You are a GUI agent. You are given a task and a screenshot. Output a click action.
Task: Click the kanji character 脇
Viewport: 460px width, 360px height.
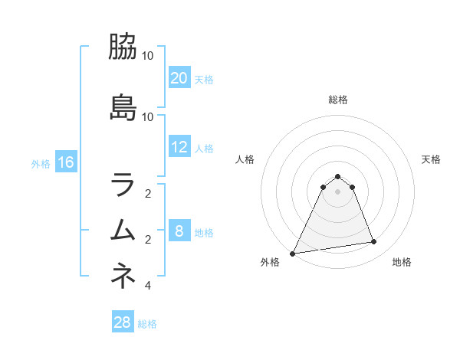pyautogui.click(x=123, y=47)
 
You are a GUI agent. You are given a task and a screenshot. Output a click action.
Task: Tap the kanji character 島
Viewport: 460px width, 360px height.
pyautogui.click(x=123, y=107)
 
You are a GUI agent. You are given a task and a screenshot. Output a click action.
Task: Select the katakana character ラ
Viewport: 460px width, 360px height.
pyautogui.click(x=123, y=185)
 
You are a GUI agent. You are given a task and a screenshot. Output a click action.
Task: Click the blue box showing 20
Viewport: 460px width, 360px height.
pyautogui.click(x=179, y=77)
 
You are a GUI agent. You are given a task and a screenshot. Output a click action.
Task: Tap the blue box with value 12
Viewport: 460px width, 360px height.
pyautogui.click(x=179, y=147)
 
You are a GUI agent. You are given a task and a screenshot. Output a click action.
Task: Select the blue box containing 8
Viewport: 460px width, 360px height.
pyautogui.click(x=179, y=231)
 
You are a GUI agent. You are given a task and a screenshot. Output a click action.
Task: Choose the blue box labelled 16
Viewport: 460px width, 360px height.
pyautogui.click(x=65, y=162)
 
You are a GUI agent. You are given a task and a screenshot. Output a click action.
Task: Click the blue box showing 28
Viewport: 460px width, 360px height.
pyautogui.click(x=123, y=322)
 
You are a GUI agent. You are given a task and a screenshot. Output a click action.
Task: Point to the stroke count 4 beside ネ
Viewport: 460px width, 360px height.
pyautogui.click(x=148, y=286)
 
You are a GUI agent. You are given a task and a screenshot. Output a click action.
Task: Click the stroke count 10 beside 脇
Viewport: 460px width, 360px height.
pyautogui.click(x=148, y=56)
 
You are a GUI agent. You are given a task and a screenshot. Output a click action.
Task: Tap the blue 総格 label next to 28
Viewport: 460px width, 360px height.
pyautogui.click(x=147, y=324)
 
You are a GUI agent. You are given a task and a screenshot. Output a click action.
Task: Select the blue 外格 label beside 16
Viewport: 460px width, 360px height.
pyautogui.click(x=41, y=163)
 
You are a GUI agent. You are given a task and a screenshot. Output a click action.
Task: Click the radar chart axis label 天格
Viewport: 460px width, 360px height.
pyautogui.click(x=431, y=159)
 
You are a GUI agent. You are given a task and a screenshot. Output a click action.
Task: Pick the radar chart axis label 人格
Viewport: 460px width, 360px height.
pyautogui.click(x=245, y=159)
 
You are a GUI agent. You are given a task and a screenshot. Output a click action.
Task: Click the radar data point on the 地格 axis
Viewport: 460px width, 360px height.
pyautogui.click(x=374, y=242)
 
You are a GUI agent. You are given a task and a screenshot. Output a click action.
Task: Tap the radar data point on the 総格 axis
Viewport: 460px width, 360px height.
pyautogui.click(x=337, y=176)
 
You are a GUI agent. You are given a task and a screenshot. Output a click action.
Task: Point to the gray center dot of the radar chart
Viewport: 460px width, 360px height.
pyautogui.click(x=337, y=191)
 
